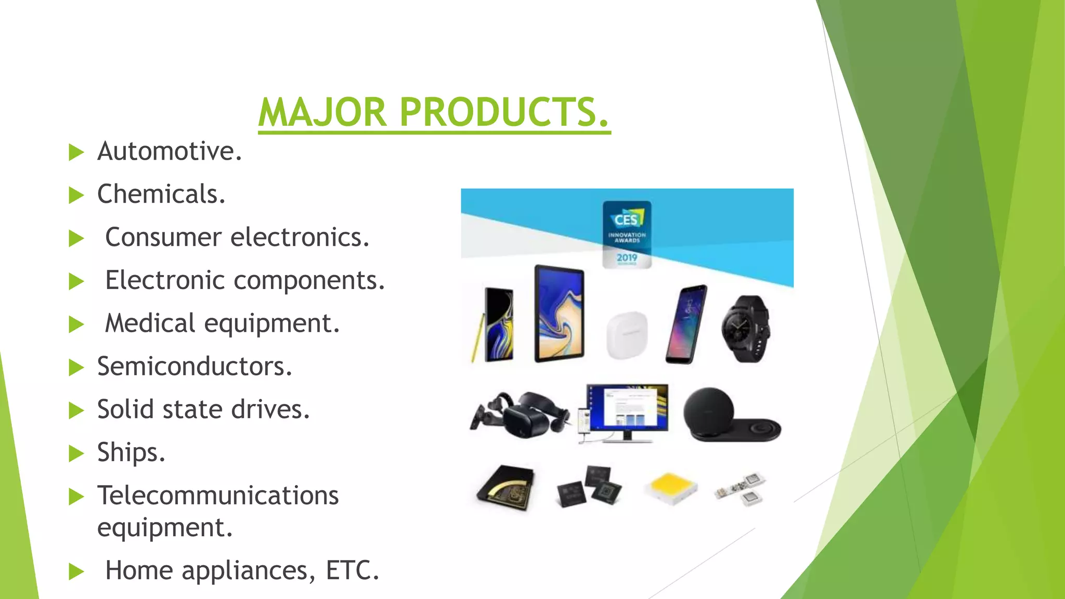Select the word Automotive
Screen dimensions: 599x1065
(169, 151)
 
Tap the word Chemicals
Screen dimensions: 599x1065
(161, 194)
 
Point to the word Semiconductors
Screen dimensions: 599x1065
(194, 367)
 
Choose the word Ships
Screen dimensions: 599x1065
(131, 452)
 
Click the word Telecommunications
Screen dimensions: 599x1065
(218, 496)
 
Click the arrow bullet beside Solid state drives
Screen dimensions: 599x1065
(76, 411)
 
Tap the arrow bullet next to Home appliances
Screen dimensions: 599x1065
(76, 571)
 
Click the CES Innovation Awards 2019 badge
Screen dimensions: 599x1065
(627, 234)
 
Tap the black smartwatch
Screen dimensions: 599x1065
(745, 329)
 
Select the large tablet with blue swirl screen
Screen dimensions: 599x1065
(560, 314)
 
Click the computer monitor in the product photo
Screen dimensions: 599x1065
(627, 411)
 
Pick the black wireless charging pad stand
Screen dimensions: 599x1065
(728, 416)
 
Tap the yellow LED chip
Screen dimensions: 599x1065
(671, 488)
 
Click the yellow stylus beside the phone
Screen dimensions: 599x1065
(477, 338)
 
